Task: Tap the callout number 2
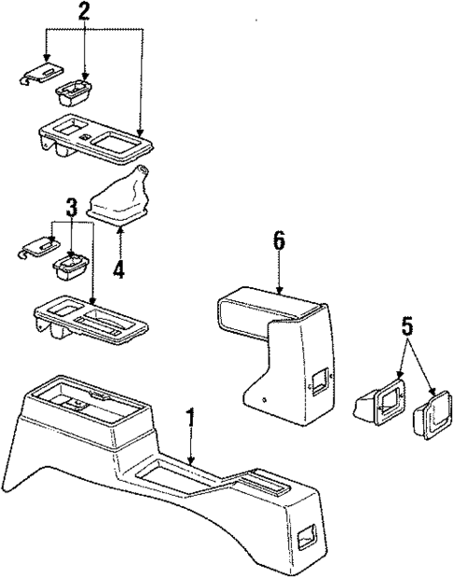tap(83, 12)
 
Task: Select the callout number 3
tap(71, 208)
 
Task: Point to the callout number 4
tap(119, 270)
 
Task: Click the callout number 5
tap(406, 326)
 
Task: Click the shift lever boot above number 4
tap(118, 196)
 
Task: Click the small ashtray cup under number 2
tap(73, 94)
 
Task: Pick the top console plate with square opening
tap(96, 139)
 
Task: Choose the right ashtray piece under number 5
tap(432, 414)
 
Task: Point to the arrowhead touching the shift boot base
tap(120, 229)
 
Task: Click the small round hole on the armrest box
tap(264, 400)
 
